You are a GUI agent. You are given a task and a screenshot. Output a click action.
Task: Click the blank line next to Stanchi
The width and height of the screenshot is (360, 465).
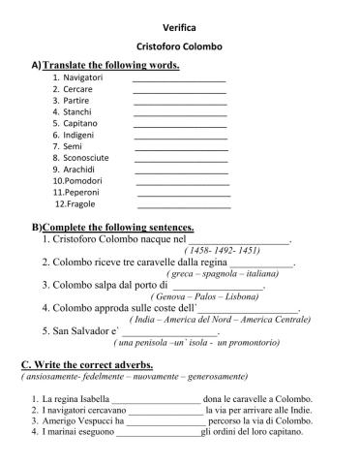pyautogui.click(x=180, y=114)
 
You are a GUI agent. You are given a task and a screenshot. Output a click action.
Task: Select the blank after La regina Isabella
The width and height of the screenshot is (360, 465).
pyautogui.click(x=156, y=399)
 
